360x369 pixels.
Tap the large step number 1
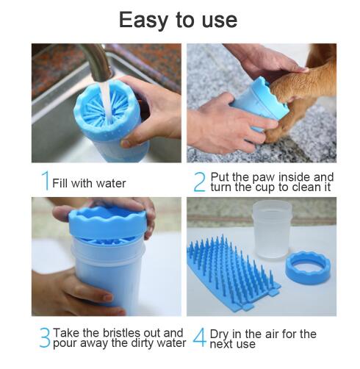pos(45,181)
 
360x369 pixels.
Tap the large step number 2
pos(199,182)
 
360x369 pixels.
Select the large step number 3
pos(45,338)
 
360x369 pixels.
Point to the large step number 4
pos(199,338)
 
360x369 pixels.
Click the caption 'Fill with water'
pos(89,183)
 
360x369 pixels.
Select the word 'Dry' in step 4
pos(221,333)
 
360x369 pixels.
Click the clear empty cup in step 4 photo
pos(271,228)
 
